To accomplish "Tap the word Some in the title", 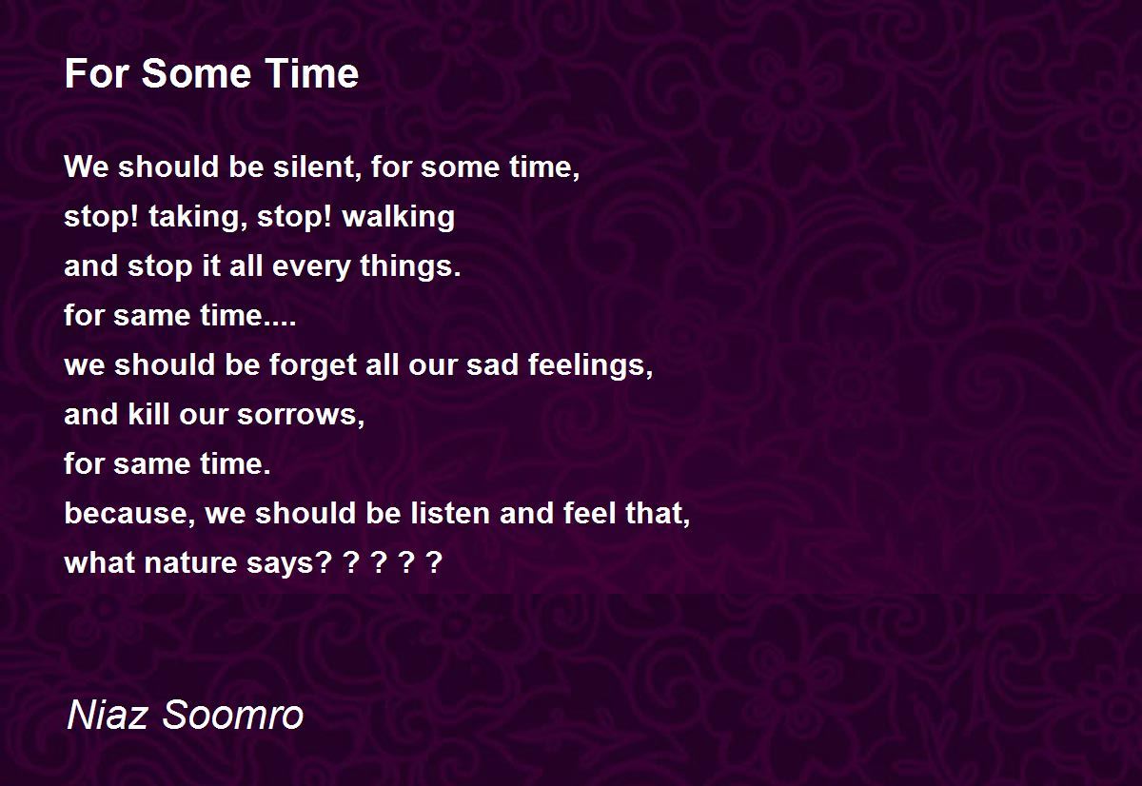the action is pyautogui.click(x=196, y=73).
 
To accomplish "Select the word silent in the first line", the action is pyautogui.click(x=318, y=167).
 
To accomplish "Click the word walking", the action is pyautogui.click(x=399, y=217).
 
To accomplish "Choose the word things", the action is pyautogui.click(x=410, y=265).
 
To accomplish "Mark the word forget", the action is pyautogui.click(x=313, y=365).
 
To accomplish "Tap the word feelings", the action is pyautogui.click(x=590, y=365).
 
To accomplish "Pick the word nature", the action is pyautogui.click(x=190, y=563).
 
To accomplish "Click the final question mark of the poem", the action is pyautogui.click(x=434, y=562).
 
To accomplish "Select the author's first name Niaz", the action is pyautogui.click(x=108, y=715).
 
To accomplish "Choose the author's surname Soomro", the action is pyautogui.click(x=232, y=715).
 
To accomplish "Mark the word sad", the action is pyautogui.click(x=493, y=364).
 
